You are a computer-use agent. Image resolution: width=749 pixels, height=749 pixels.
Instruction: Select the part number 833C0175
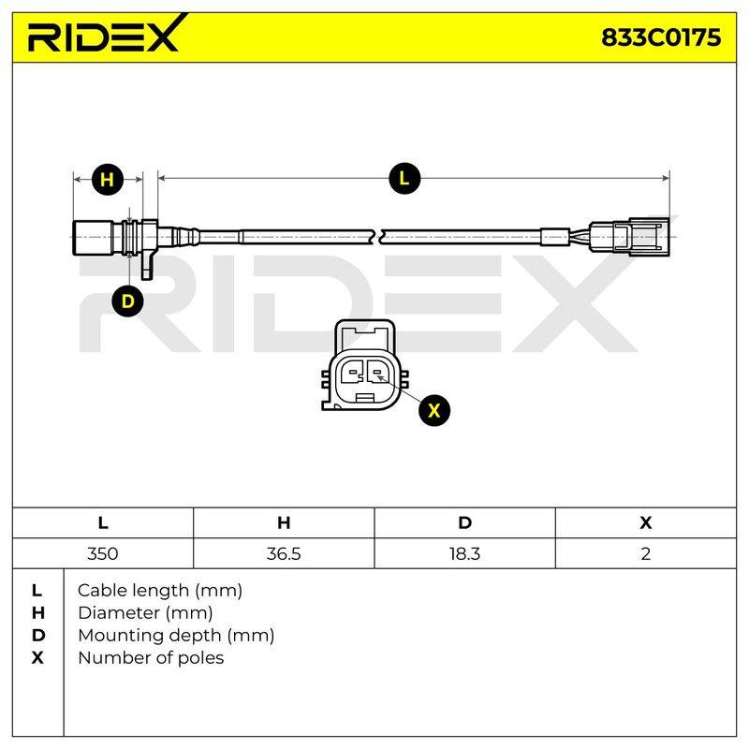661,37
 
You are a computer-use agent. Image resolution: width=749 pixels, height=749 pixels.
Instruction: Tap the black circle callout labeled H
108,180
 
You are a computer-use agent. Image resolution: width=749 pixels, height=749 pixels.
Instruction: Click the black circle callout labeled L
404,179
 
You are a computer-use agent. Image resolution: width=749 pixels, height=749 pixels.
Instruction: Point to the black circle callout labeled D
127,301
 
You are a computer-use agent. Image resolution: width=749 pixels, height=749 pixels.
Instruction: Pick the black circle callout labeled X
434,410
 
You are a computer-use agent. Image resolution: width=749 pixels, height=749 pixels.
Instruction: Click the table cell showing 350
103,553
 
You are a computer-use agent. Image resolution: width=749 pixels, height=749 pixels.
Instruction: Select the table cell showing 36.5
284,553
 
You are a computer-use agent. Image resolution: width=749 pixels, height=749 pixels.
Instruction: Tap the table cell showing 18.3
464,553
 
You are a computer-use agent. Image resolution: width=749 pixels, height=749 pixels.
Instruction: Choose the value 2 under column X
646,553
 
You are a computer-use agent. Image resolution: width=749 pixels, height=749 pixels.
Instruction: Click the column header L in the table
103,522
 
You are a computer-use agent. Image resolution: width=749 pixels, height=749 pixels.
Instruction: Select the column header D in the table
464,522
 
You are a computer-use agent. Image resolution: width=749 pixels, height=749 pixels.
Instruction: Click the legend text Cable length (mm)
160,591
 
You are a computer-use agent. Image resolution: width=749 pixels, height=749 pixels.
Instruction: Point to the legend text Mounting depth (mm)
176,636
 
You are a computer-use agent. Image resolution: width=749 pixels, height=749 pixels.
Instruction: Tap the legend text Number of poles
151,658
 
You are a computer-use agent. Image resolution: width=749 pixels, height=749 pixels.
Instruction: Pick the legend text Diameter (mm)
145,613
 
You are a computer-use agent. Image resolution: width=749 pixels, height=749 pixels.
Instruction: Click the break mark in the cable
377,237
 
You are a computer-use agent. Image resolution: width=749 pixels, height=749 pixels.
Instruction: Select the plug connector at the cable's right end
629,237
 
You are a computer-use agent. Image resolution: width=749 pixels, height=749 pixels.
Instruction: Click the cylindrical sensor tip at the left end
92,237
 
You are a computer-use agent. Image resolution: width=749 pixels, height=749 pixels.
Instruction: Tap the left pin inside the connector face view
354,371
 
